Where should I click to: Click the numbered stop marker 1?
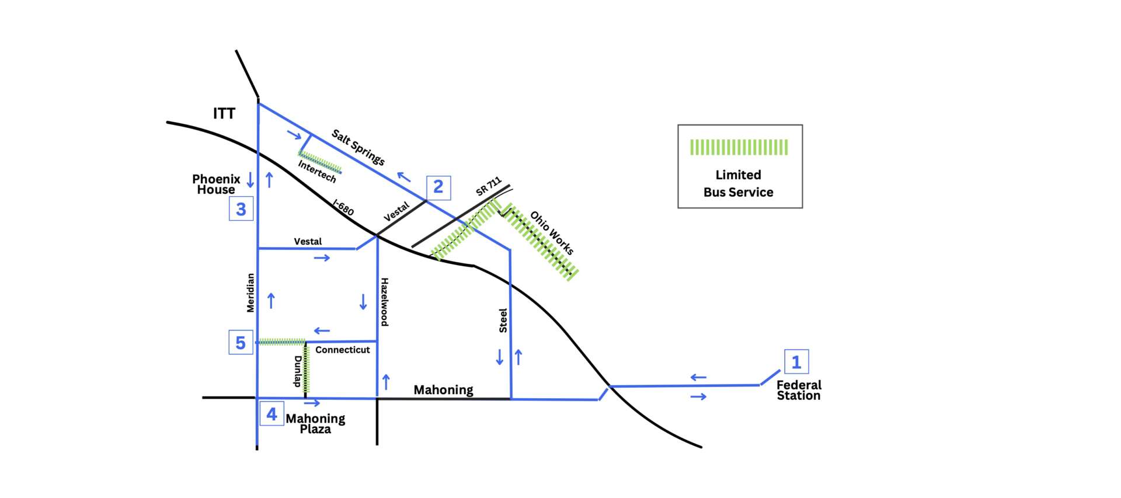796,362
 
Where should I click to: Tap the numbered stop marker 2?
438,187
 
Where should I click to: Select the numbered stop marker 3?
241,209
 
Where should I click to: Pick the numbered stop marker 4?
271,414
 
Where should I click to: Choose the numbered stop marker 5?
241,343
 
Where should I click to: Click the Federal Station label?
799,390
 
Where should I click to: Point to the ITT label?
224,113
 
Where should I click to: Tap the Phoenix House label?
216,184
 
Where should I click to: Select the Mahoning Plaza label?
315,423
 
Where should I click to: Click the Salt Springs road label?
358,147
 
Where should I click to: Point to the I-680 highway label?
343,207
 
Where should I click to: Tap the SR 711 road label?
489,186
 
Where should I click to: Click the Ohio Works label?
552,233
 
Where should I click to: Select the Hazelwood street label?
384,302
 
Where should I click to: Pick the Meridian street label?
250,293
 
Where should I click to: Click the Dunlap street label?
298,371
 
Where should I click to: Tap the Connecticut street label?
343,350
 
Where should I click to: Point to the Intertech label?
317,172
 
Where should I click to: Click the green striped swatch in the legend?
739,147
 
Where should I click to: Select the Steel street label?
503,321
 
